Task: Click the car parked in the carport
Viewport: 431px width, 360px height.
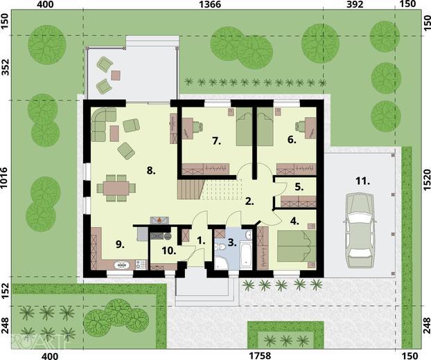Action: click(359, 231)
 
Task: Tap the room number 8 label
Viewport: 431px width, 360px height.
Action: click(151, 171)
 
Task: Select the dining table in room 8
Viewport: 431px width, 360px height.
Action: click(116, 188)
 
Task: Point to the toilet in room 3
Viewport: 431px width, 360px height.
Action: click(220, 247)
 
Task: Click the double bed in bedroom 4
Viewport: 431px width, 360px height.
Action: click(296, 246)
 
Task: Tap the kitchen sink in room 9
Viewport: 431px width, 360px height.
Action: click(121, 265)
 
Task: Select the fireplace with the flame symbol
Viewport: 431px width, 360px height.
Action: click(159, 220)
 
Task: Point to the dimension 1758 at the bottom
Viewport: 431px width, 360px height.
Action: click(260, 356)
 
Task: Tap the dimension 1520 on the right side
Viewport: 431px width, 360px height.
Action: click(426, 180)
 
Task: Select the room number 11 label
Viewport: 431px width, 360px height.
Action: click(363, 181)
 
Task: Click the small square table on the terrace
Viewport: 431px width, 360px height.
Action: click(116, 75)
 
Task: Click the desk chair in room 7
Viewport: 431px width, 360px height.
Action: click(198, 127)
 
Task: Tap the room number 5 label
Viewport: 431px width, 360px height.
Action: click(299, 187)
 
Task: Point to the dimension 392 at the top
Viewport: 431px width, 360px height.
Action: click(355, 4)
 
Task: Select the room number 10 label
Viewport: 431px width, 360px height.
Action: click(169, 251)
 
